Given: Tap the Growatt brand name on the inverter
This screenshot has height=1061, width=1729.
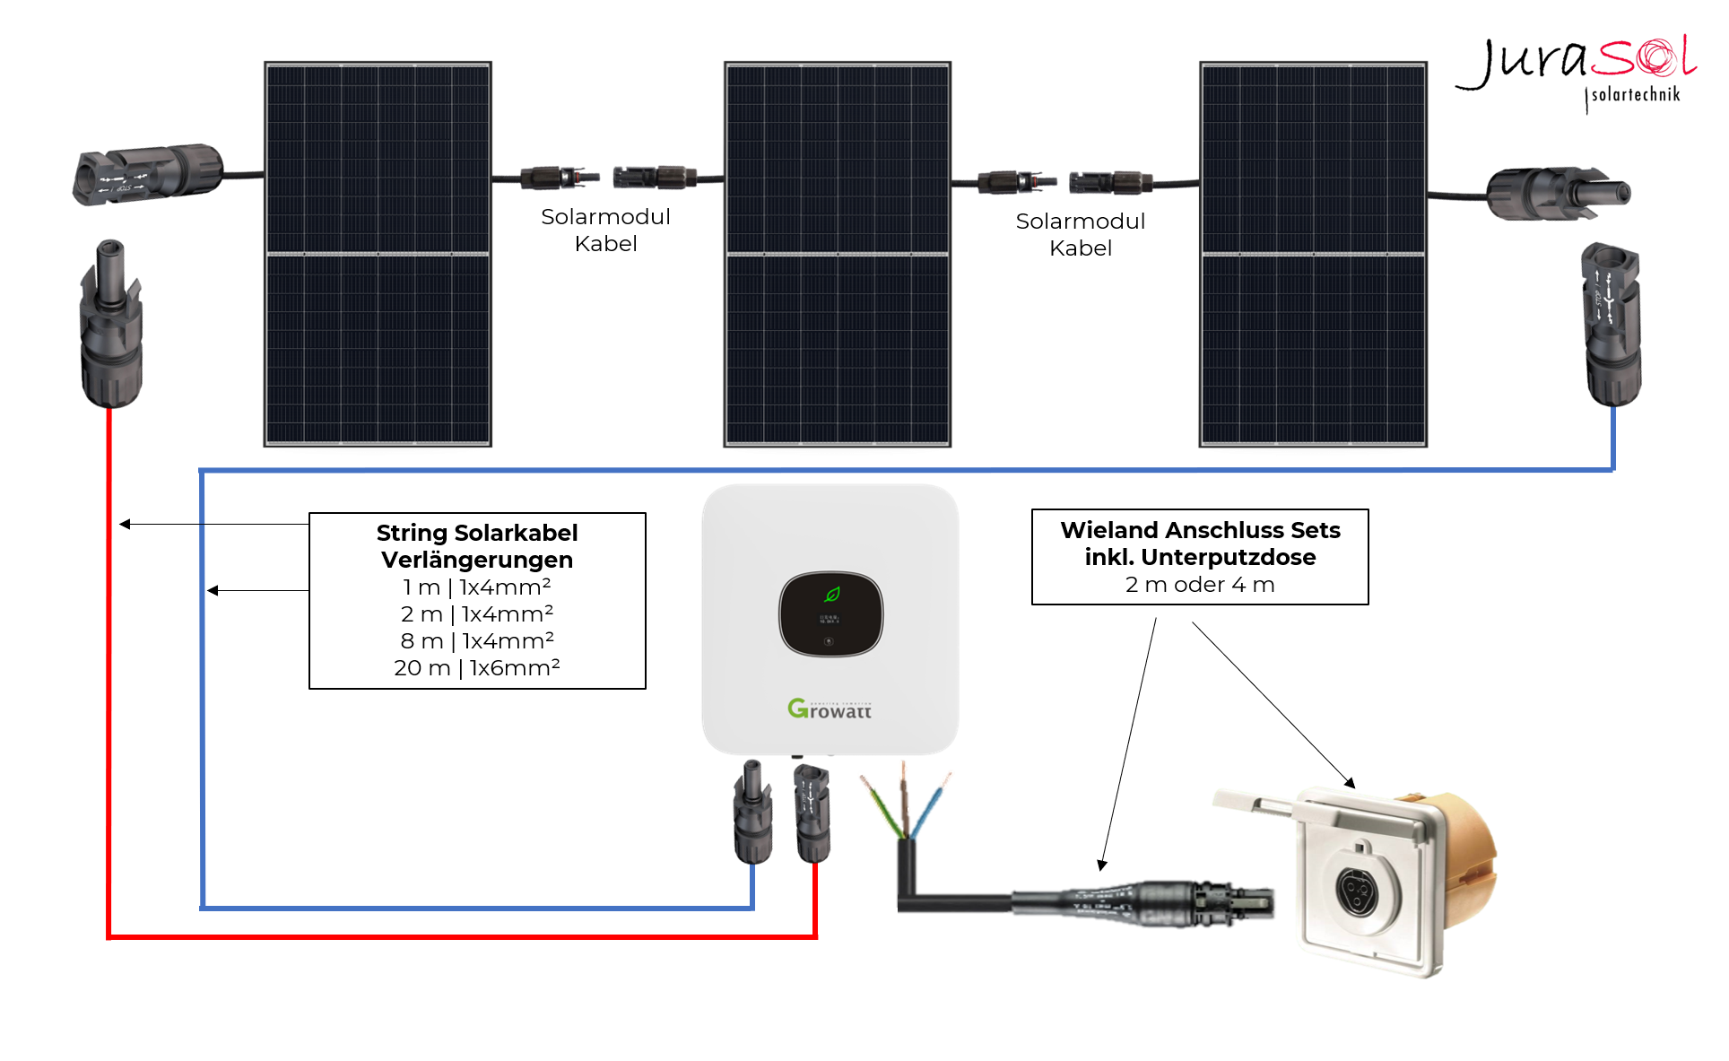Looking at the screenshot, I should pyautogui.click(x=830, y=709).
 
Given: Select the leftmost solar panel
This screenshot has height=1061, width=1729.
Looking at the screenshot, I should pyautogui.click(x=378, y=254).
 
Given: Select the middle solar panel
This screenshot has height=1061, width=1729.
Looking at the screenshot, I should pyautogui.click(x=838, y=254).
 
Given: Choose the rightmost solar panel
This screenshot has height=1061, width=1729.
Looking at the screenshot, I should pyautogui.click(x=1313, y=254).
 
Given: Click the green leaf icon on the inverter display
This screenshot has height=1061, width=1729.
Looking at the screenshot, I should pyautogui.click(x=831, y=594).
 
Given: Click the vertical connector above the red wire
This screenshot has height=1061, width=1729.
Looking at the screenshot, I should pyautogui.click(x=111, y=323).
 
